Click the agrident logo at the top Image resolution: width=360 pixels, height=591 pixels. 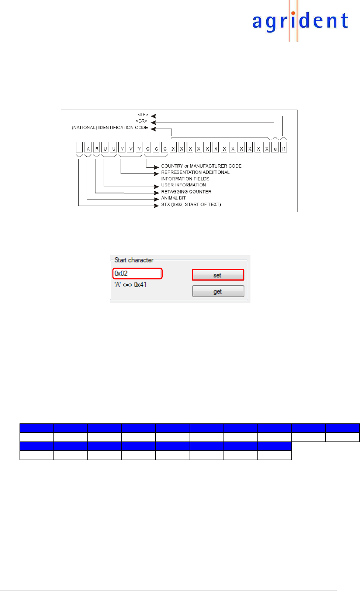tap(300, 21)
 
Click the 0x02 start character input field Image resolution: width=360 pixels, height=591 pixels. tap(137, 274)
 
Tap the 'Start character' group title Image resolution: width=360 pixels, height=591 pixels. tap(134, 260)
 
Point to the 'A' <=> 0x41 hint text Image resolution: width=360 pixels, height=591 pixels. tap(131, 285)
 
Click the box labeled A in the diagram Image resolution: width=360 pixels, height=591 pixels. tap(88, 147)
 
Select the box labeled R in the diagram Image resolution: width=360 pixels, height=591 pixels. tap(97, 147)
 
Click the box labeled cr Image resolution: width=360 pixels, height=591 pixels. tap(275, 147)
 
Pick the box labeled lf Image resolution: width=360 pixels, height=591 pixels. tap(283, 147)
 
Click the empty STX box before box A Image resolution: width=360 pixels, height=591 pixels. tap(79, 147)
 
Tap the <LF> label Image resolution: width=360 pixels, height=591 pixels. tap(143, 115)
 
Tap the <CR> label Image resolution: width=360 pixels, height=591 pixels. tap(142, 121)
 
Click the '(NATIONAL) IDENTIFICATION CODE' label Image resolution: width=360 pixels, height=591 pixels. tap(110, 128)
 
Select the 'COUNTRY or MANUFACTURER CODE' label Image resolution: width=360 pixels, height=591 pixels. tap(201, 166)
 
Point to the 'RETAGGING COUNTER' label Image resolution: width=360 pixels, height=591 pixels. tap(186, 192)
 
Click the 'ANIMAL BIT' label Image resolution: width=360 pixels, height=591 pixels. tap(173, 198)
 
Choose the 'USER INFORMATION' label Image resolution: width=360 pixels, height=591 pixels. tap(184, 185)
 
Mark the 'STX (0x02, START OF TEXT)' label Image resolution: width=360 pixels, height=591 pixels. tap(191, 205)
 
